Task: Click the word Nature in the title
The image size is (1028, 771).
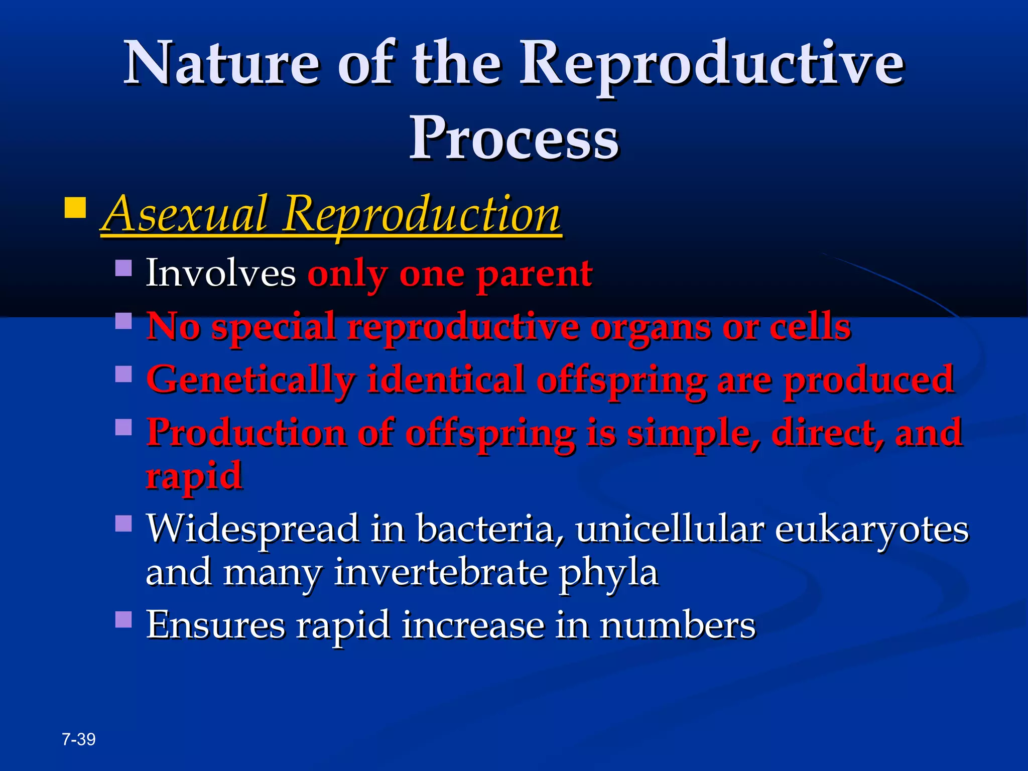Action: (x=221, y=64)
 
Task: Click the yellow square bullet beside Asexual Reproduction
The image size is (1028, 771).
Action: (x=75, y=207)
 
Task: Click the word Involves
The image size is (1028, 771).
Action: (x=220, y=274)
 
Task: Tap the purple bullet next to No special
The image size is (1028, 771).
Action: (x=123, y=321)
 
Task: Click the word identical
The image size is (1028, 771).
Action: (x=445, y=380)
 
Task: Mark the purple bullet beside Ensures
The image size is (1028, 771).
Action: (x=123, y=619)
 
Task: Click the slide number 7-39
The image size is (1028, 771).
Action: (x=79, y=739)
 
